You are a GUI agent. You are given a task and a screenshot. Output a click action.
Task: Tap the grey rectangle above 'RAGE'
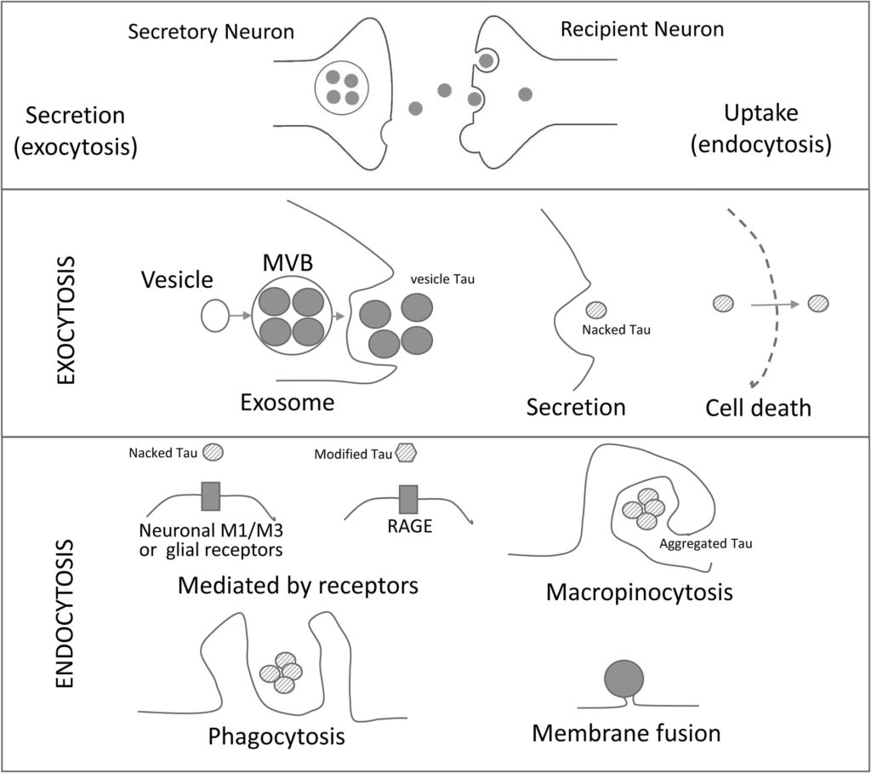pyautogui.click(x=408, y=498)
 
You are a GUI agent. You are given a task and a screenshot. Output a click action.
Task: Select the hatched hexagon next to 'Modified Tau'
pyautogui.click(x=407, y=454)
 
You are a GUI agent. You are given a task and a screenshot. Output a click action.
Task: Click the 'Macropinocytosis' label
pyautogui.click(x=640, y=592)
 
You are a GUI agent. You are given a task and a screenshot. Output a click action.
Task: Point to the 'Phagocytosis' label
pyautogui.click(x=276, y=734)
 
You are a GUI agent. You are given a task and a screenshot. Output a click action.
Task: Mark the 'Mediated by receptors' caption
pyautogui.click(x=299, y=587)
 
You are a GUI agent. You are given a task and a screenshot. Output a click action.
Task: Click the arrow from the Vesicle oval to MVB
pyautogui.click(x=242, y=317)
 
